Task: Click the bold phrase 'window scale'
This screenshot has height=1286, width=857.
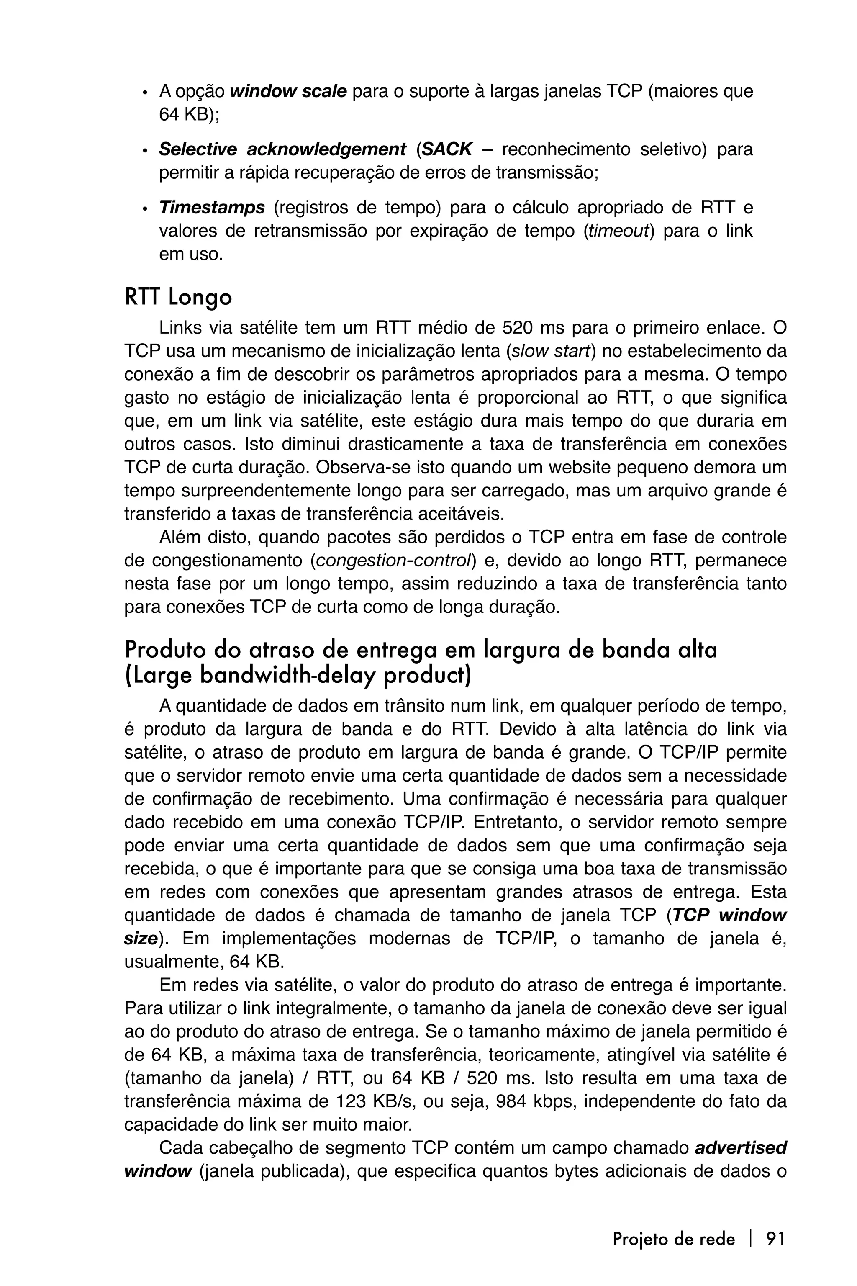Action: click(288, 91)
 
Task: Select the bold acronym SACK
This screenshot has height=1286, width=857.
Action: click(447, 149)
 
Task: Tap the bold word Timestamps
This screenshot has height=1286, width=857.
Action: click(211, 208)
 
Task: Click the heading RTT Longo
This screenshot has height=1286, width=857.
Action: click(178, 298)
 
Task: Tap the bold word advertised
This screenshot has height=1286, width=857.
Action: click(740, 1148)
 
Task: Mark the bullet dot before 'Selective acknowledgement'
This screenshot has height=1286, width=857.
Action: click(145, 151)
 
